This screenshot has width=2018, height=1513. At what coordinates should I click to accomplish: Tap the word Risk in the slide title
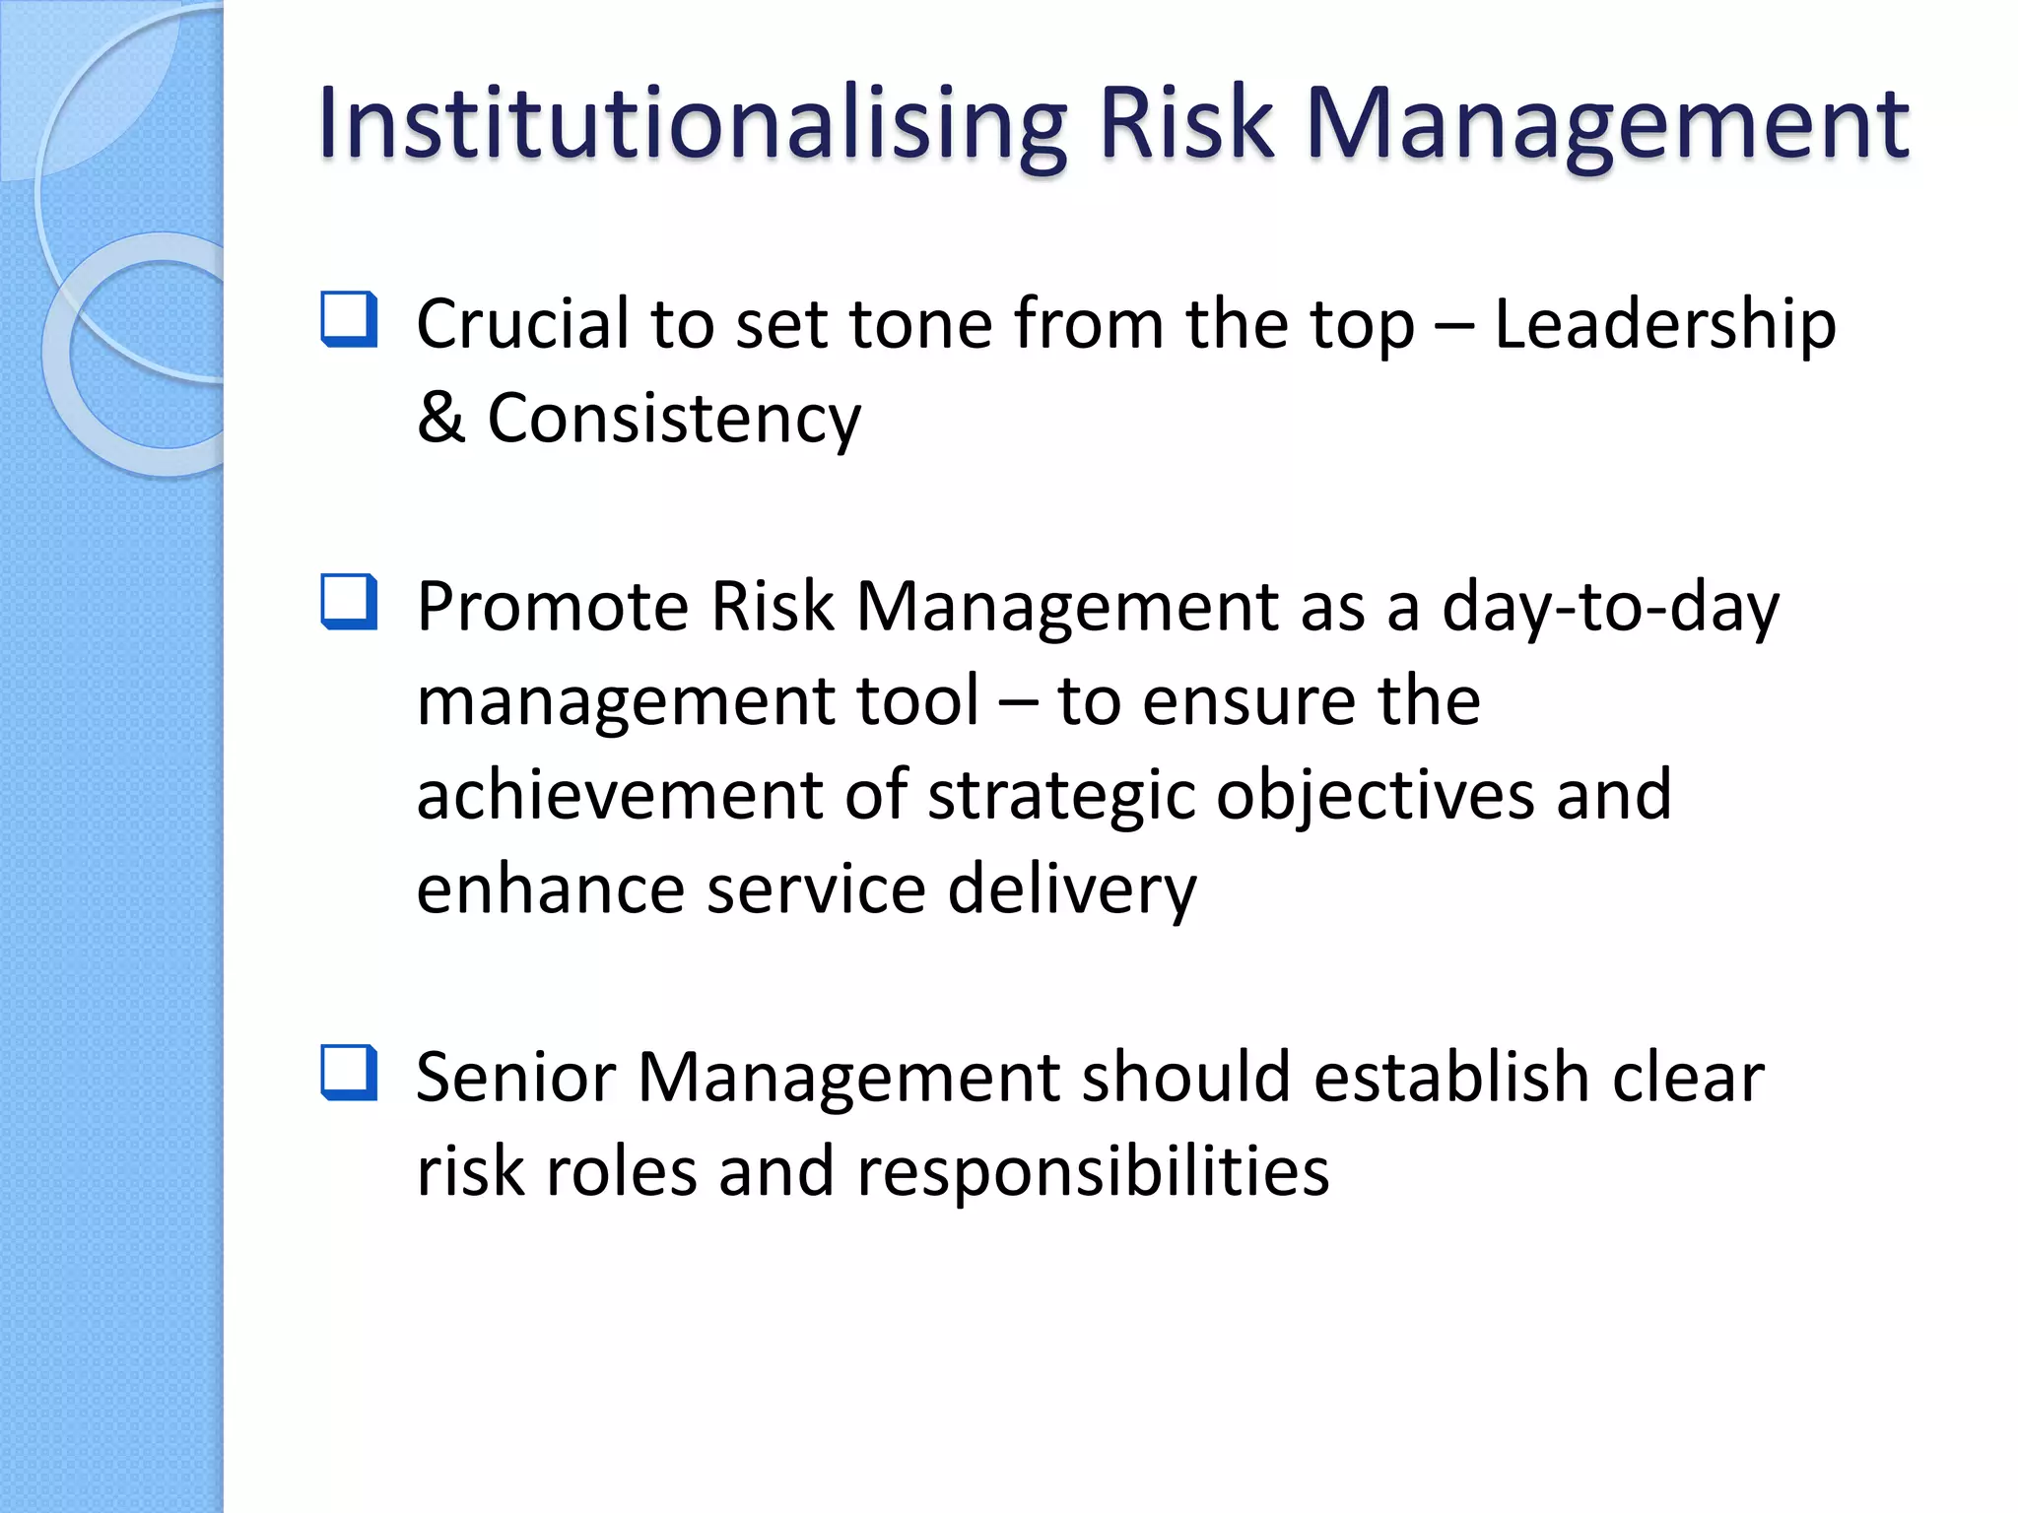[x=1185, y=124]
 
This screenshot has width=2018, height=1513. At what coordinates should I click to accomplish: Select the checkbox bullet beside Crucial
[x=349, y=319]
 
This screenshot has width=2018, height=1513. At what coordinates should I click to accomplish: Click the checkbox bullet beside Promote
[x=349, y=602]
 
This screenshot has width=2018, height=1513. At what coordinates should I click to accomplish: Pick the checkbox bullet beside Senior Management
[x=349, y=1073]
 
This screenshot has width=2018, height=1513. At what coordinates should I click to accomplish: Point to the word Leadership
[x=1664, y=325]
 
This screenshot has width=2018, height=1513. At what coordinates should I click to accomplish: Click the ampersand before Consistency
[x=439, y=419]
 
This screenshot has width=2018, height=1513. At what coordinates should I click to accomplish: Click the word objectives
[x=1374, y=796]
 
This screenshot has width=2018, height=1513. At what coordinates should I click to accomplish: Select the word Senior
[x=515, y=1078]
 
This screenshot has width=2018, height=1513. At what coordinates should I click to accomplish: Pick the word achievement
[x=619, y=796]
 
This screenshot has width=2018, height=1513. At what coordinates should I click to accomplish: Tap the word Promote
[x=552, y=608]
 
